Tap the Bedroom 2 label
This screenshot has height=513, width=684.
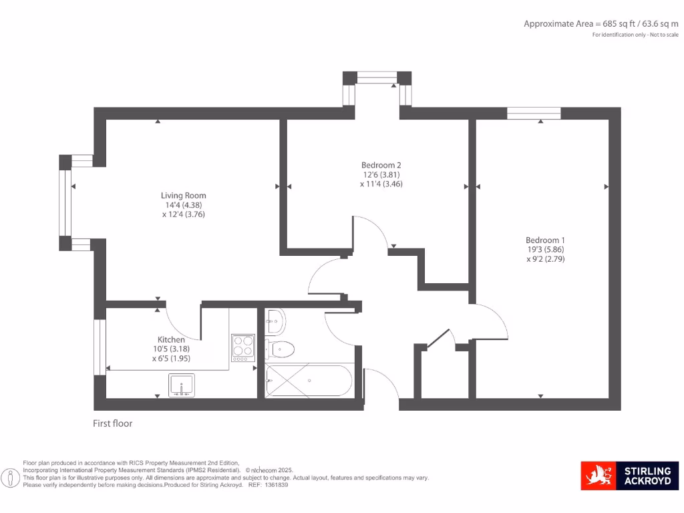click(x=381, y=165)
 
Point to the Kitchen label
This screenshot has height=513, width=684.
click(x=171, y=340)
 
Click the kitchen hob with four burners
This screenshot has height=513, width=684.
click(x=243, y=347)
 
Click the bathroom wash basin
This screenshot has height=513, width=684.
click(x=275, y=321)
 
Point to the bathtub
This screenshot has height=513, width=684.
click(x=308, y=381)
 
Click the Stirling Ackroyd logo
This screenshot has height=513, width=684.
click(x=629, y=476)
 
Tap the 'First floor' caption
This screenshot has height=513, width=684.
click(x=113, y=423)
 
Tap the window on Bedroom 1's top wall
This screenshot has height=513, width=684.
click(x=534, y=113)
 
